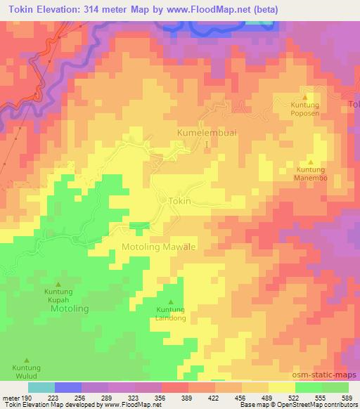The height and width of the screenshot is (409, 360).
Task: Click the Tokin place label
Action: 180,200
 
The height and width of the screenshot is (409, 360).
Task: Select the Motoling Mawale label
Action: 158,247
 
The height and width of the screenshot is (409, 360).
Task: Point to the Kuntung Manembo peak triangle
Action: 310,161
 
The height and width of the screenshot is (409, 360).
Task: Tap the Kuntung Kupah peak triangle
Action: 58,283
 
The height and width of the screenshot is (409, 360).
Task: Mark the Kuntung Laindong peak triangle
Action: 169,301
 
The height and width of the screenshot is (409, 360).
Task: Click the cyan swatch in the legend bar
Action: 41,387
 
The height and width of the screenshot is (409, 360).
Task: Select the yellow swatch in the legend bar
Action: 282,387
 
